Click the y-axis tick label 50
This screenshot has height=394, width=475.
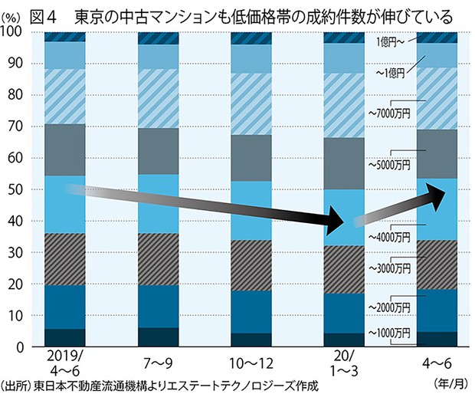tap(16, 189)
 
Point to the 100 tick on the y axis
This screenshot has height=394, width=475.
tap(13, 31)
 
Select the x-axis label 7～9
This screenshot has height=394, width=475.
tap(159, 360)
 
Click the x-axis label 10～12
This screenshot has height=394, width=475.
tap(252, 360)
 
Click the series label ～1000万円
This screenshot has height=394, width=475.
tap(391, 333)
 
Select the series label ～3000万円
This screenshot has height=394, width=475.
tap(391, 269)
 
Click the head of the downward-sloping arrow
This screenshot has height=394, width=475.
tap(335, 223)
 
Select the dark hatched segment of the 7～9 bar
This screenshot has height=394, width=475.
tap(159, 259)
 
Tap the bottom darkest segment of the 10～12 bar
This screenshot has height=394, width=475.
tap(251, 340)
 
